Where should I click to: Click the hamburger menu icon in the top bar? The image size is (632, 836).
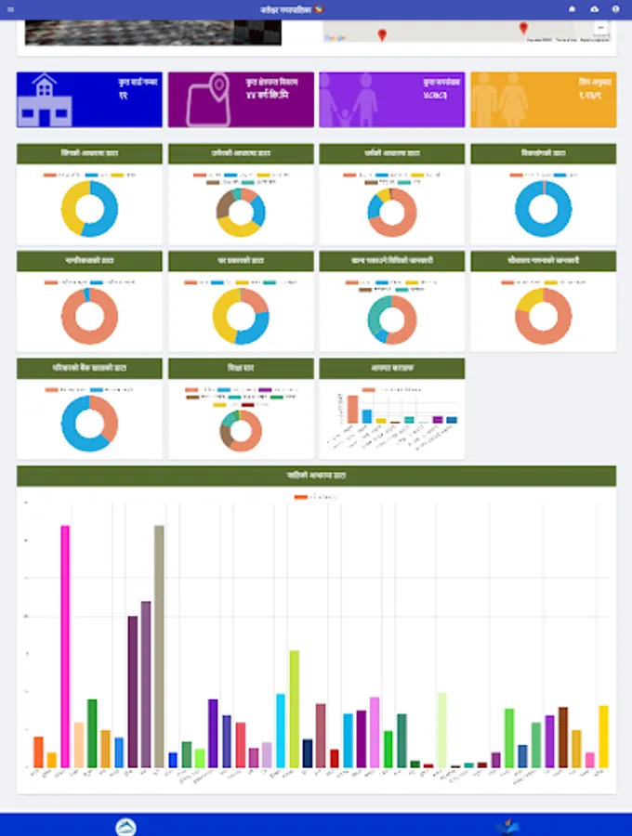coord(10,8)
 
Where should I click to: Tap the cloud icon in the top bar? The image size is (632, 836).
coord(594,8)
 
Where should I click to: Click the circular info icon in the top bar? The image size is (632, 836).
coord(615,8)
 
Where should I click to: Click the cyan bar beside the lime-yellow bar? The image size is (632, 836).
coord(281,730)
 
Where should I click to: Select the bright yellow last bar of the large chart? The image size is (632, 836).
coord(603,736)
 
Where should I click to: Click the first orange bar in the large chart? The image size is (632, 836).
coord(38,751)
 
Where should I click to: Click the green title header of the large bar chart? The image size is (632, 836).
coord(316,476)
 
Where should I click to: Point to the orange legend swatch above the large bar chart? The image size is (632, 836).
coord(300,498)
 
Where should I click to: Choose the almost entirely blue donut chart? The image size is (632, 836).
coord(543,209)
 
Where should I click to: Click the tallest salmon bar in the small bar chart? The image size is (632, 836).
coord(353,409)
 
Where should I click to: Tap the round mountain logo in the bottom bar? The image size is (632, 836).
coord(125,827)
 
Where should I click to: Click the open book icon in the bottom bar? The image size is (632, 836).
coord(507,826)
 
